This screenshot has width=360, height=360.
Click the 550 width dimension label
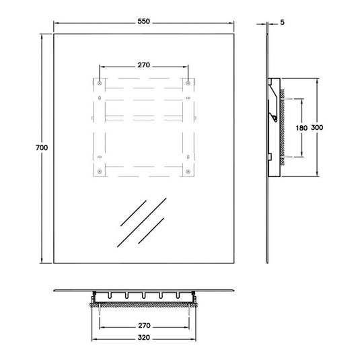click(143, 22)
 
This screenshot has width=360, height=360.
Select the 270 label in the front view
click(142, 65)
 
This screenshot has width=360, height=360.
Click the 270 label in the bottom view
click(142, 325)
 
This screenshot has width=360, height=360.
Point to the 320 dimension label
click(142, 340)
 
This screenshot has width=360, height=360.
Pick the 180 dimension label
click(302, 128)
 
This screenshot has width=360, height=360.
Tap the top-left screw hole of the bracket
click(100, 83)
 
